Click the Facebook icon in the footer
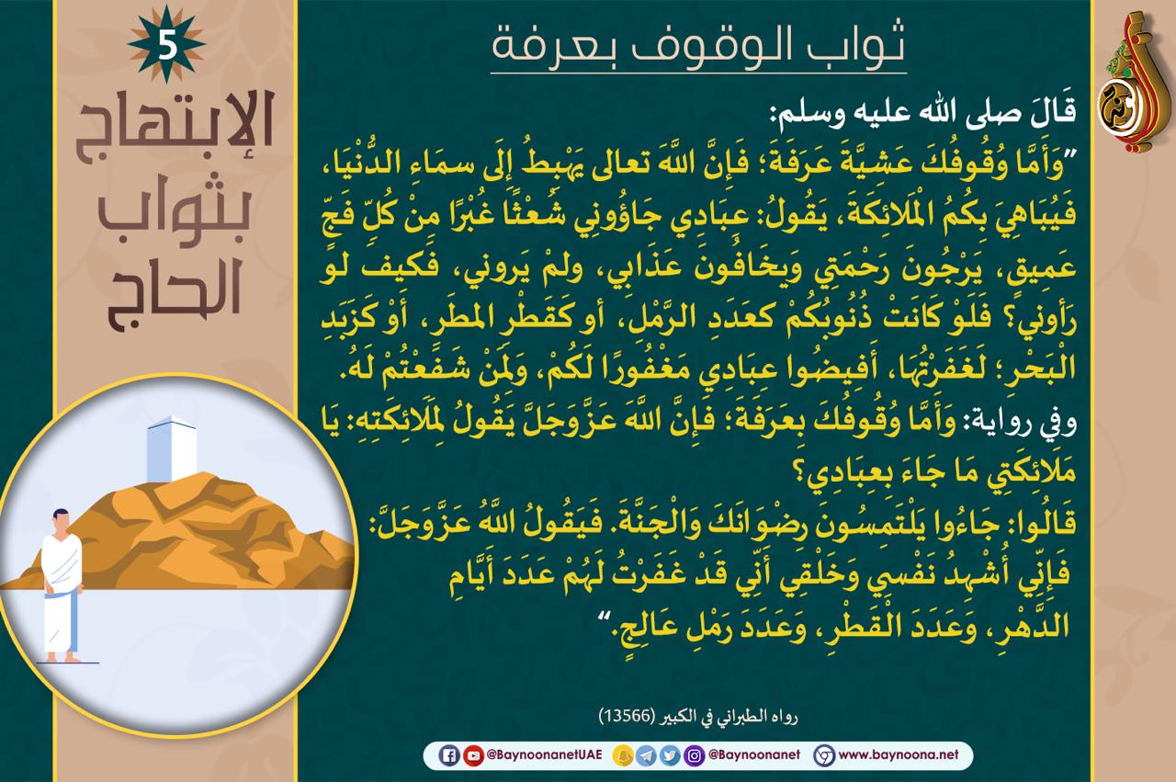point(449,755)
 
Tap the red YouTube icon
point(473,755)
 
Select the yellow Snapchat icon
point(623,755)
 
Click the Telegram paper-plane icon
point(646,755)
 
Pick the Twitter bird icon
point(670,755)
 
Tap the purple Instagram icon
point(694,755)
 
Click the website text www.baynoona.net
point(899,754)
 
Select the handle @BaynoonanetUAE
point(544,754)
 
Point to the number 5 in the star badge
point(167,45)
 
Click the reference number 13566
point(628,716)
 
